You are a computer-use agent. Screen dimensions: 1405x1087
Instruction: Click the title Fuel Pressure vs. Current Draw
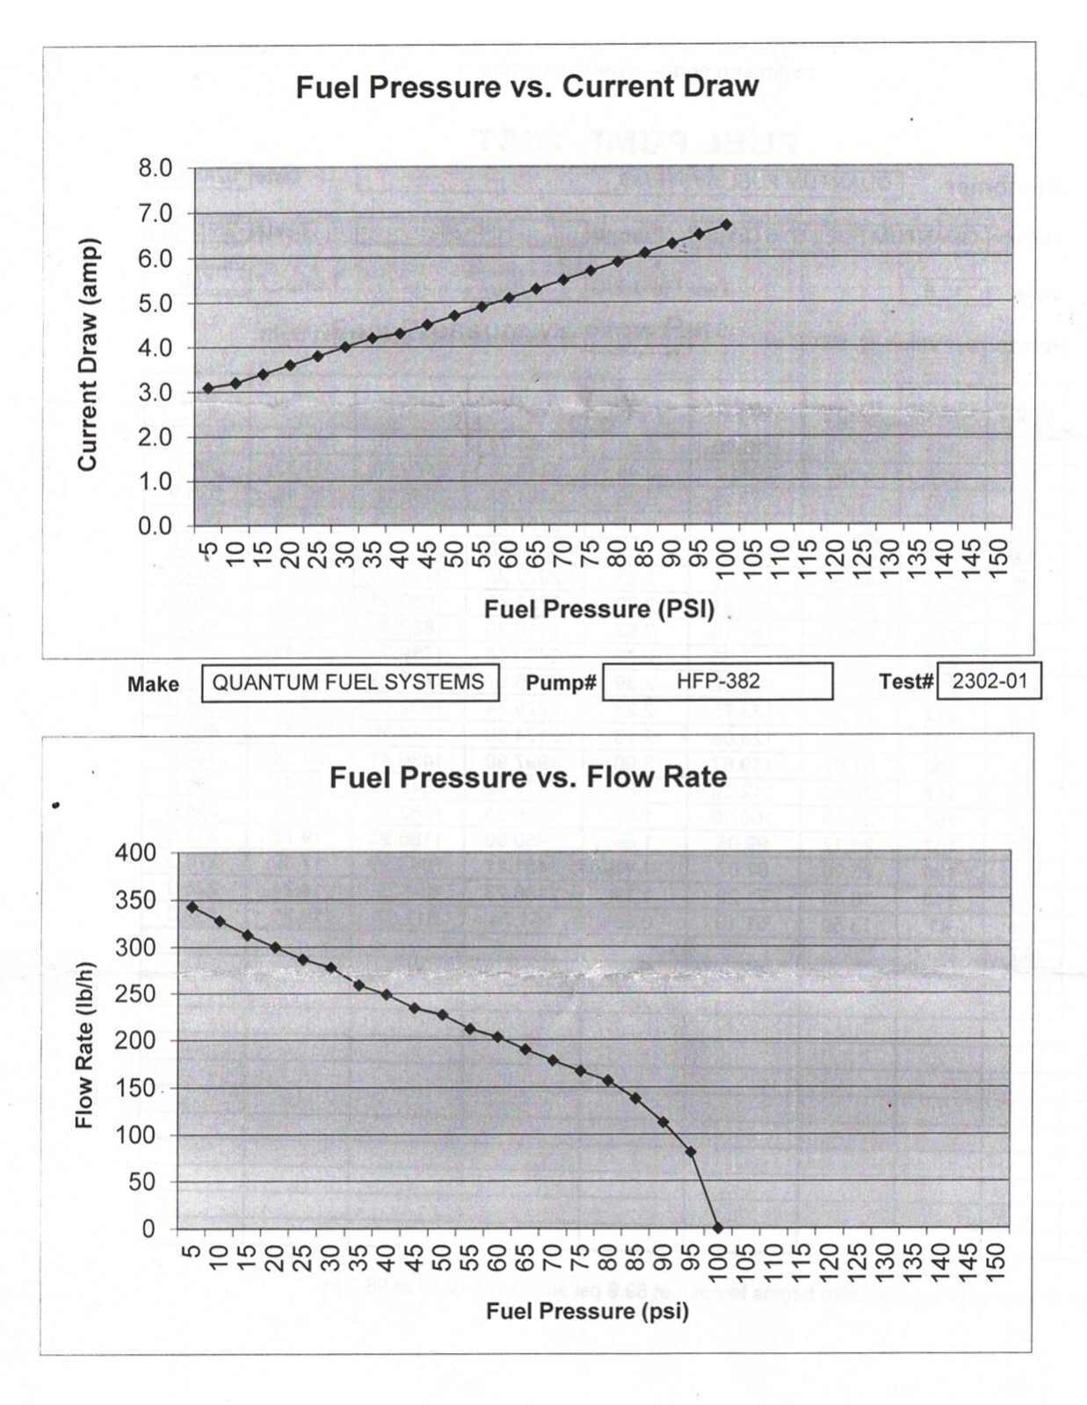(526, 87)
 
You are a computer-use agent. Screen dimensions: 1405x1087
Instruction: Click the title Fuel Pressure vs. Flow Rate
(527, 777)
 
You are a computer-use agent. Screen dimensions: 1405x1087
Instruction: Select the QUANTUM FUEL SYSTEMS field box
(350, 682)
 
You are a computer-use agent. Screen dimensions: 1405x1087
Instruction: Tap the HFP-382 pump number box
(717, 681)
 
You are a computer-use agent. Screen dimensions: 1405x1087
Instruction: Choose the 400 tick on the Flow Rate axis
(135, 853)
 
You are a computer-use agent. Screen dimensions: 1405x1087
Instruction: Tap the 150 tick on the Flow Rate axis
(135, 1087)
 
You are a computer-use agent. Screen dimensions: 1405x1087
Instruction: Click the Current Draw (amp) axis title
(86, 346)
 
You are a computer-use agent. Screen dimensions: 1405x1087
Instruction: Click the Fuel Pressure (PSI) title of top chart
(599, 609)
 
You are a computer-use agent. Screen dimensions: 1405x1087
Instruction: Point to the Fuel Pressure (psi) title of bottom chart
(587, 1311)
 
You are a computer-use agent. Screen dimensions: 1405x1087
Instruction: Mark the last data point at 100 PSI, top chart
(726, 225)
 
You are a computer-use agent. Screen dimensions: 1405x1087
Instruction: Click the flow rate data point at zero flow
(717, 1228)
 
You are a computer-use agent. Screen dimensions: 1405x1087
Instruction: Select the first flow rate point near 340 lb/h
(192, 907)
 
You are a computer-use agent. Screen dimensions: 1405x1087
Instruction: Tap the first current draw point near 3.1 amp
(207, 387)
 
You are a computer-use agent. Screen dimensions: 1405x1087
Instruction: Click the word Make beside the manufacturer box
(153, 684)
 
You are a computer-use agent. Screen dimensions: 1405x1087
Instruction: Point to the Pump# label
(562, 683)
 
